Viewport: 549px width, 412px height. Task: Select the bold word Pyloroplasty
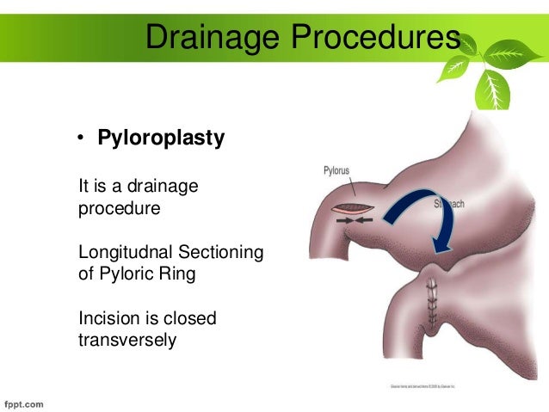click(x=161, y=138)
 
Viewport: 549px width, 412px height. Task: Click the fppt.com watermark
click(x=26, y=402)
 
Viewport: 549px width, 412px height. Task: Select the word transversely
click(x=126, y=341)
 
